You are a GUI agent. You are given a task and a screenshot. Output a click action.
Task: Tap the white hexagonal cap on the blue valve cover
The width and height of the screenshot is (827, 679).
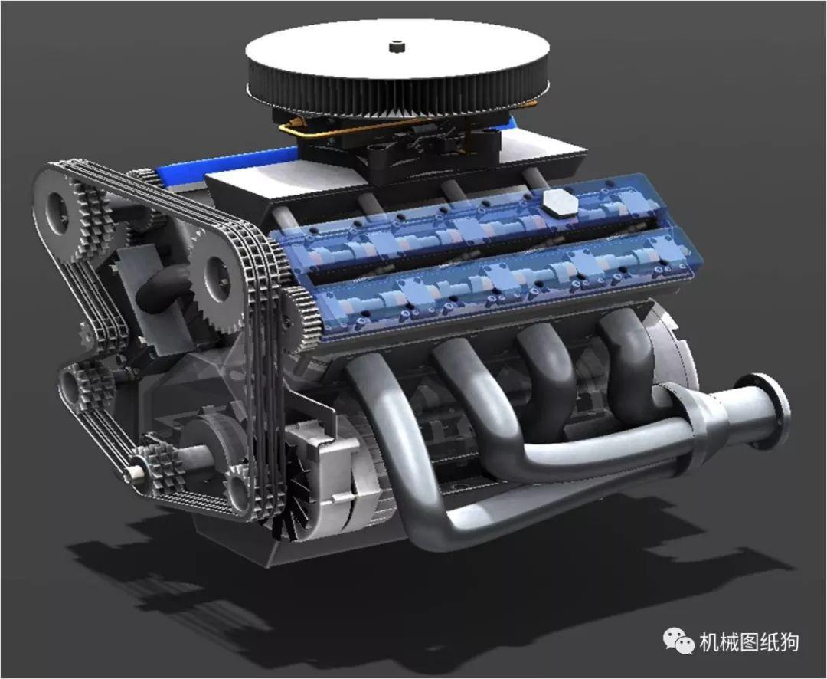560,203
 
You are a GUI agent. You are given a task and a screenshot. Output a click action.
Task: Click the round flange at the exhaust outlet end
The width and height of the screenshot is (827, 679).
770,412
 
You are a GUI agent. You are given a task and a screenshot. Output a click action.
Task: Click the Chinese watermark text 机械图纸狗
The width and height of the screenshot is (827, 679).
749,642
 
